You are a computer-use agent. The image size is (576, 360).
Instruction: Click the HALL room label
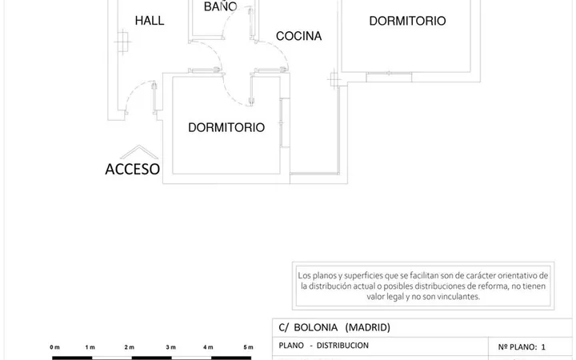click(x=150, y=21)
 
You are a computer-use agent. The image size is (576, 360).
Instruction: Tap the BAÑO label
click(x=221, y=6)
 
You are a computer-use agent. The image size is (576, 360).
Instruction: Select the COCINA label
click(x=298, y=36)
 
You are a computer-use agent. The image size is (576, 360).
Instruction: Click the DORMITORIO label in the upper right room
click(x=407, y=21)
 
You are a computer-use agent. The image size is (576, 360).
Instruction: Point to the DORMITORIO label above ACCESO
click(x=226, y=127)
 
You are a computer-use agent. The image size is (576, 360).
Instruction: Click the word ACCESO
click(x=132, y=170)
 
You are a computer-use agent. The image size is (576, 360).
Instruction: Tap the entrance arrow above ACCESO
click(x=139, y=152)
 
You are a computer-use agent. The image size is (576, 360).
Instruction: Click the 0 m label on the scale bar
click(x=54, y=347)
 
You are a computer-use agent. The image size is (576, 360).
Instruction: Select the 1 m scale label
click(x=90, y=347)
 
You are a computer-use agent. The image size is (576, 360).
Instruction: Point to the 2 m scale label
click(x=130, y=347)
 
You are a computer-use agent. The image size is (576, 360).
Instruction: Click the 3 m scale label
click(x=171, y=347)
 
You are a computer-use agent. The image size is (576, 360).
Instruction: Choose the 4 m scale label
click(x=208, y=347)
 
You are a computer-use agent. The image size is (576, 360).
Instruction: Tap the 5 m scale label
click(x=248, y=347)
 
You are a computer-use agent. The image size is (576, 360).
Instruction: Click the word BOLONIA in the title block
click(x=315, y=327)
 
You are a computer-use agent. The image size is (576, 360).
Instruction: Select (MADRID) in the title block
click(x=368, y=327)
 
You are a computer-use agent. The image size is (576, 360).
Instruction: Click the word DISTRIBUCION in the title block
click(x=342, y=346)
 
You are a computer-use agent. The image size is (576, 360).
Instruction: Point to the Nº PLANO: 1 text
click(x=522, y=346)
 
